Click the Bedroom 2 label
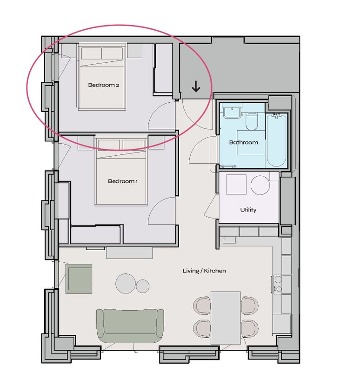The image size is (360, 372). [103, 85]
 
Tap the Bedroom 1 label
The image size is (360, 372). [123, 181]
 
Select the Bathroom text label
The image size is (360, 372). [243, 142]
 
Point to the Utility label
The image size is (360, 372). [248, 210]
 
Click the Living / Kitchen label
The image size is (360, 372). [204, 271]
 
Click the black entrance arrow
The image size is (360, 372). [196, 86]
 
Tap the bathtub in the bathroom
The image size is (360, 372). [276, 140]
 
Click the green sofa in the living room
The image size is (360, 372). [130, 326]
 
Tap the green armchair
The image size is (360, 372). [79, 279]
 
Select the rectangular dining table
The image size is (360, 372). [226, 318]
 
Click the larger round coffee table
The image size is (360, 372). [126, 283]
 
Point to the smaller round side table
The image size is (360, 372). [143, 286]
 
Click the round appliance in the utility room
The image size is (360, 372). [260, 185]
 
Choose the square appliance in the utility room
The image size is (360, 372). [236, 185]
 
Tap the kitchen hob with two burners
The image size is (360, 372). [278, 284]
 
